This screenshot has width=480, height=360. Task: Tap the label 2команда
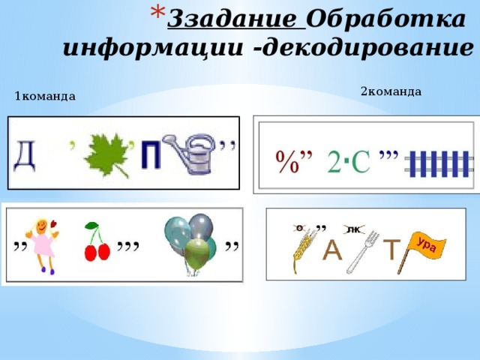point(391,91)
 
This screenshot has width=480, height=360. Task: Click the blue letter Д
point(25,157)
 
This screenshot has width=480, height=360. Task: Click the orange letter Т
point(392,250)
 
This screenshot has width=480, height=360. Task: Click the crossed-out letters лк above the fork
point(351,228)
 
